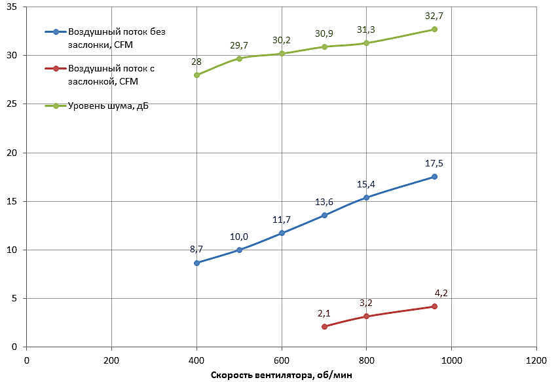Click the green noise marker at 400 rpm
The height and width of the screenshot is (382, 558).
196,75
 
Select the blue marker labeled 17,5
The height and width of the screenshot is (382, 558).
434,177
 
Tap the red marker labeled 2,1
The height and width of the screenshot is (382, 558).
324,326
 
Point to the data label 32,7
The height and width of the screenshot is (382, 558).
434,16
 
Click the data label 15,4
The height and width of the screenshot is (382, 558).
366,185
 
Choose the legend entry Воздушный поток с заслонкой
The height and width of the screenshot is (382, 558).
111,74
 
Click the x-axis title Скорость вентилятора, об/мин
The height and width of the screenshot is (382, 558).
281,375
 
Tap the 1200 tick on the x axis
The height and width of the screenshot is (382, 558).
536,360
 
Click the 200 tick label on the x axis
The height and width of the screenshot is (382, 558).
111,360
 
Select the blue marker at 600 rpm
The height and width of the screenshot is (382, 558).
282,233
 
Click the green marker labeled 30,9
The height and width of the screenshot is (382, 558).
324,47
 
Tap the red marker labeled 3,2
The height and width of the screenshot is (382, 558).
366,316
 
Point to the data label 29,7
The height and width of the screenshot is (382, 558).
239,45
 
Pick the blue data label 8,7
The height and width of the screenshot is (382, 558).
196,249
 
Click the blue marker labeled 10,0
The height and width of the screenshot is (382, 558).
239,250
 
